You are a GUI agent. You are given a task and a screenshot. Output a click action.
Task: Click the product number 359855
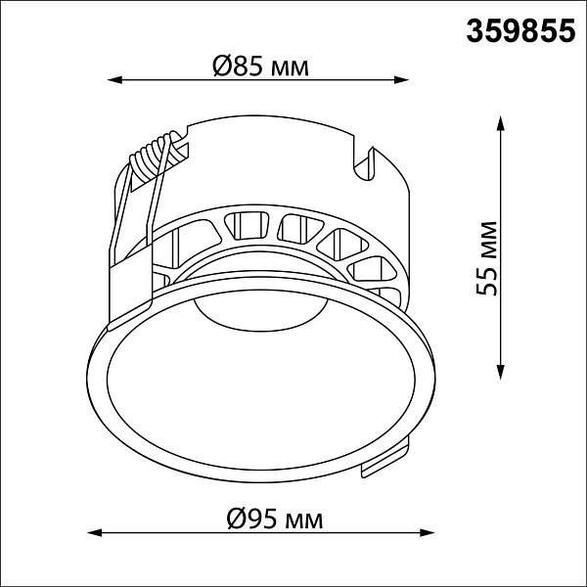[520, 31]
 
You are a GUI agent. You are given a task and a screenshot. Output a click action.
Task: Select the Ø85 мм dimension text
[260, 67]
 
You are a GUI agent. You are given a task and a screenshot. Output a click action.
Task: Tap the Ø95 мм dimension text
[274, 519]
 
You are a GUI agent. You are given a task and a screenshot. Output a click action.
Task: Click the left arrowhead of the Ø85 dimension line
[114, 80]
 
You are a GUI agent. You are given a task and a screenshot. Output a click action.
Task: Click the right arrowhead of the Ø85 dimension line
[401, 80]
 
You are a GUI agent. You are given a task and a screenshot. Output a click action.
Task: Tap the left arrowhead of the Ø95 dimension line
[94, 532]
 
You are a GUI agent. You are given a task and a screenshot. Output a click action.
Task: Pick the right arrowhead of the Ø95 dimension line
[427, 532]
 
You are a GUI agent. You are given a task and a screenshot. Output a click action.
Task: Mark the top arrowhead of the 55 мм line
[500, 123]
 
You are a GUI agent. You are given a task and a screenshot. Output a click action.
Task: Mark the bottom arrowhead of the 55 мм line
[500, 372]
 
